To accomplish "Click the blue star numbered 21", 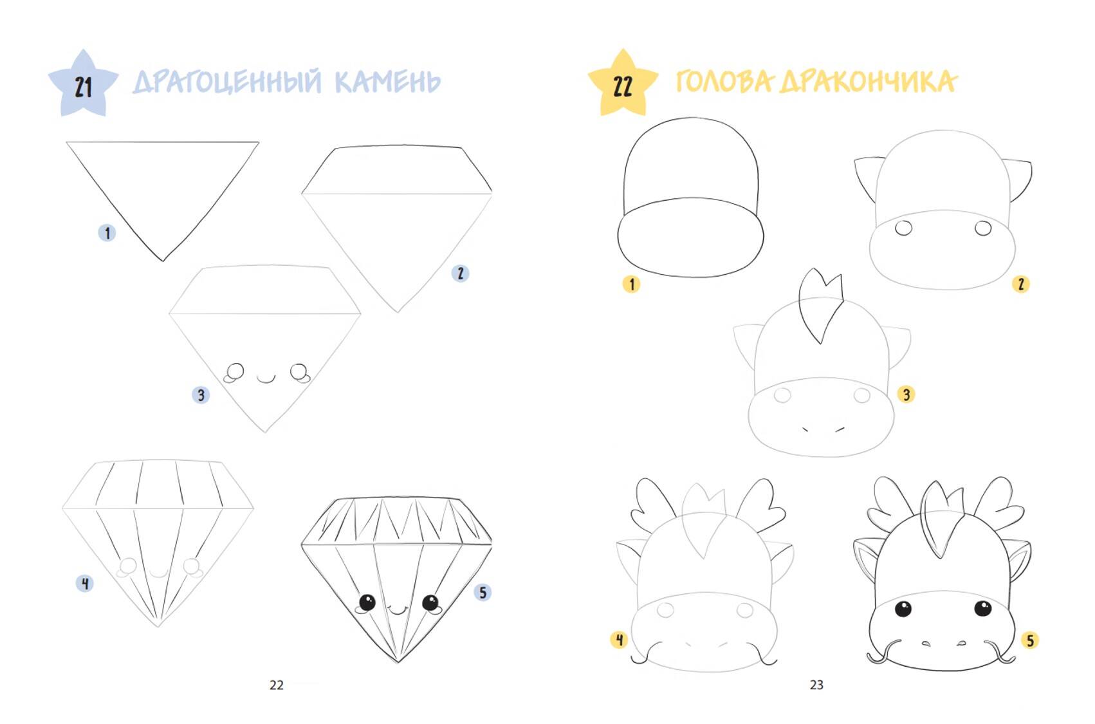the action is point(83,84).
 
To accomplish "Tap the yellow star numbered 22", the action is point(623,84).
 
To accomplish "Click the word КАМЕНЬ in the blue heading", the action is point(388,82).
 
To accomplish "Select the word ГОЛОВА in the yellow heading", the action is point(724,81).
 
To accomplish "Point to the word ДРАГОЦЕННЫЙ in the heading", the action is point(227,82).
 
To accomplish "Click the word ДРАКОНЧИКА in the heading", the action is point(868,81).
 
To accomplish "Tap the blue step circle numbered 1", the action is point(107,233).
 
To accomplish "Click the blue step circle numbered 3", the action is point(201,394).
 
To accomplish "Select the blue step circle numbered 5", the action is point(483,593).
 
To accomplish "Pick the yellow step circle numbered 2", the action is point(1021,284).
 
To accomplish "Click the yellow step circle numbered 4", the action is point(620,640).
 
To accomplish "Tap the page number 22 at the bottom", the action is point(277,685).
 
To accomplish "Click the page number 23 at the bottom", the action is point(816,685).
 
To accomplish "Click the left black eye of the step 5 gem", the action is point(367,602).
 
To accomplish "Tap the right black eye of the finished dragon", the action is point(982,608).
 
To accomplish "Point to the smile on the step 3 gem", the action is point(266,378).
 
